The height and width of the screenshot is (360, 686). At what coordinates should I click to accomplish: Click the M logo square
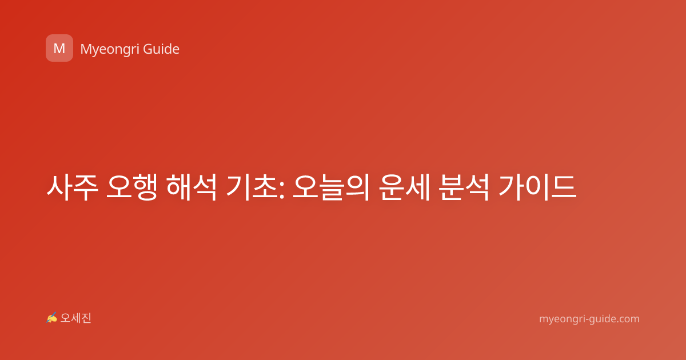coord(59,48)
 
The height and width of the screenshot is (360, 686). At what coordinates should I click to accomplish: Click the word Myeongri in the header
coord(109,50)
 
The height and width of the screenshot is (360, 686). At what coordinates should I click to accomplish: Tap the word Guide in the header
coord(161,49)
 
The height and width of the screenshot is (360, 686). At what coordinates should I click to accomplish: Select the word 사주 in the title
coord(73,187)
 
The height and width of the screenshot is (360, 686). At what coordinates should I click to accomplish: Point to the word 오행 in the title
coord(132,187)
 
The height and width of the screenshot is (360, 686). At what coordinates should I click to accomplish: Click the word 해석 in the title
coord(192,187)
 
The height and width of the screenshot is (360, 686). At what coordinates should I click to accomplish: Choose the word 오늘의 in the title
coord(331,187)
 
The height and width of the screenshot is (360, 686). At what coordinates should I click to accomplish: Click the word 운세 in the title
coord(405,187)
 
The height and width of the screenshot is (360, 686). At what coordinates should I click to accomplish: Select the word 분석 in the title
coord(464,187)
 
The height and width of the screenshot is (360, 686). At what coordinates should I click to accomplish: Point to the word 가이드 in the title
coord(537,187)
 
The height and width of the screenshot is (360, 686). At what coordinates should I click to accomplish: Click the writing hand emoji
coord(52,318)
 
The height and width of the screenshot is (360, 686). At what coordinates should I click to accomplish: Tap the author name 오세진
coord(75,318)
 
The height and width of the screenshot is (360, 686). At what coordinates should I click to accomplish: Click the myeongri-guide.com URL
coord(589,319)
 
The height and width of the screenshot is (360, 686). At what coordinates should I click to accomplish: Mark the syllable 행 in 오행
coord(145,187)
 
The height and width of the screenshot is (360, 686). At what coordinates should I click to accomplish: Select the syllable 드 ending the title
coord(564,187)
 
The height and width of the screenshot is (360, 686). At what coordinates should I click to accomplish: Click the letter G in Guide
coord(147,49)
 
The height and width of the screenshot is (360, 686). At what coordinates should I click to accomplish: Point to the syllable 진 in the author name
coord(86,318)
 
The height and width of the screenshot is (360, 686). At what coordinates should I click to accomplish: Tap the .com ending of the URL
coord(627,319)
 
